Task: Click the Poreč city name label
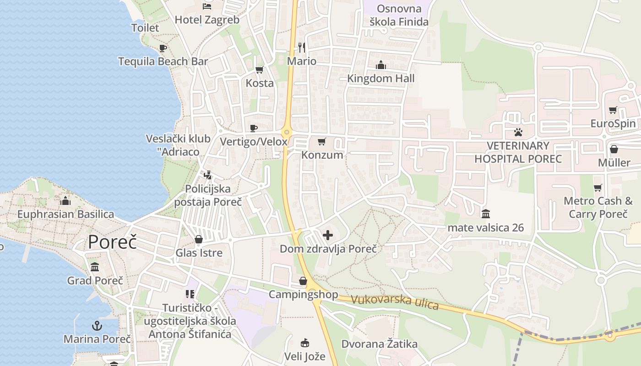tap(112, 242)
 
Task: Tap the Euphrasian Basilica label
tap(65, 214)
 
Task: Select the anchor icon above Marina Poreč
tap(97, 326)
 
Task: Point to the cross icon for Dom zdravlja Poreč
tap(328, 236)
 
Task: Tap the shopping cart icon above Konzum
tap(322, 141)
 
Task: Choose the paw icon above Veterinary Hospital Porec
tap(518, 133)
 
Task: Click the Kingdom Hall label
tap(380, 78)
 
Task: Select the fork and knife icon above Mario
tap(301, 47)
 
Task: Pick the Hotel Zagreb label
tap(207, 20)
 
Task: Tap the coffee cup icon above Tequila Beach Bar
tap(163, 48)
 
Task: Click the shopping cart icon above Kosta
tap(259, 70)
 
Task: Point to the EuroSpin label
tap(613, 124)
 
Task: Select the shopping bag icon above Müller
tap(614, 149)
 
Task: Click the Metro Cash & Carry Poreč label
tap(598, 207)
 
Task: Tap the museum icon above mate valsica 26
tap(485, 214)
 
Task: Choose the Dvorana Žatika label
tap(379, 344)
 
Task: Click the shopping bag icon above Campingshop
tap(303, 281)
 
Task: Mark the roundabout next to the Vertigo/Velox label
tap(287, 133)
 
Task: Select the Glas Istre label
tap(199, 253)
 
